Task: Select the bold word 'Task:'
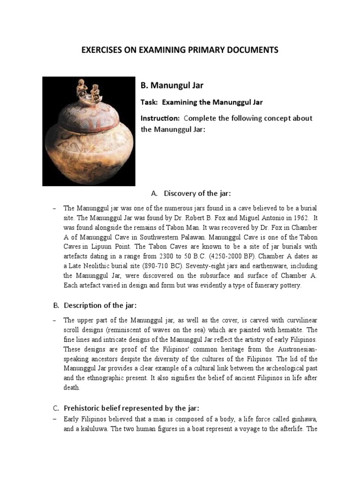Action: coord(150,102)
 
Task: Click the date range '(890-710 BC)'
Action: coord(163,266)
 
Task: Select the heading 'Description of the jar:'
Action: coord(99,306)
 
